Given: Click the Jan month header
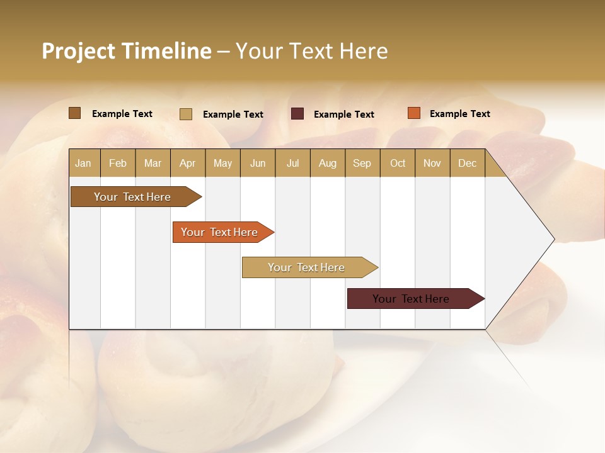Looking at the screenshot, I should point(84,163).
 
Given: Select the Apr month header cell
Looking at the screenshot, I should point(188,163).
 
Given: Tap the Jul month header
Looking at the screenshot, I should point(292,163).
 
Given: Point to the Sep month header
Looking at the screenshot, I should point(362,163).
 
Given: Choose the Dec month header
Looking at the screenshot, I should point(467,163).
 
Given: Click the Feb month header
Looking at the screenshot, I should point(118,163).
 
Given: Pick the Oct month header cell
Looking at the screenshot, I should point(398,163).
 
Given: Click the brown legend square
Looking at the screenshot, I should point(74,113).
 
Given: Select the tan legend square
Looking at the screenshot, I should point(186,114).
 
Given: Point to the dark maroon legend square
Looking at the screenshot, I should point(297,114).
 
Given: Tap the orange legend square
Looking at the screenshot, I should point(414,113).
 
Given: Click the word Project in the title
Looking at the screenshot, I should point(78,51).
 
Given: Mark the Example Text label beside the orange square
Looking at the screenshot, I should point(459,114).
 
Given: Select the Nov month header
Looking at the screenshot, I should point(432,163).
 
